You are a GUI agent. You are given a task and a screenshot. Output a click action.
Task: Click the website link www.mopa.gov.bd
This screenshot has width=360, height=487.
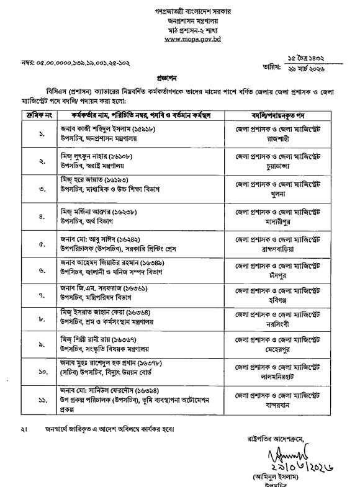pyautogui.click(x=180, y=38)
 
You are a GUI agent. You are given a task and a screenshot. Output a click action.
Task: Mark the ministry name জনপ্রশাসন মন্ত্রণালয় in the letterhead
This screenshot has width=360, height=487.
pyautogui.click(x=180, y=20)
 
